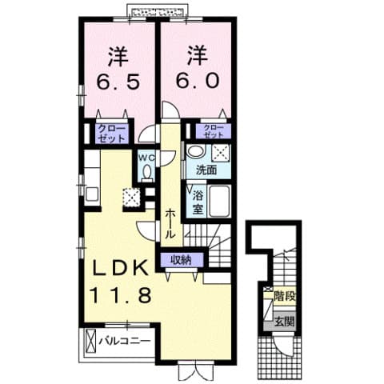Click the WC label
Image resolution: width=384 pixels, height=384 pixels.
click(146, 158)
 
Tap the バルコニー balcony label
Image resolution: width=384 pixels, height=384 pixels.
click(126, 342)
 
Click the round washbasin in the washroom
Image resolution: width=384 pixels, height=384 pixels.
click(194, 152)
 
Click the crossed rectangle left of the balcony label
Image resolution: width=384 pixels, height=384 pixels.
click(89, 342)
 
